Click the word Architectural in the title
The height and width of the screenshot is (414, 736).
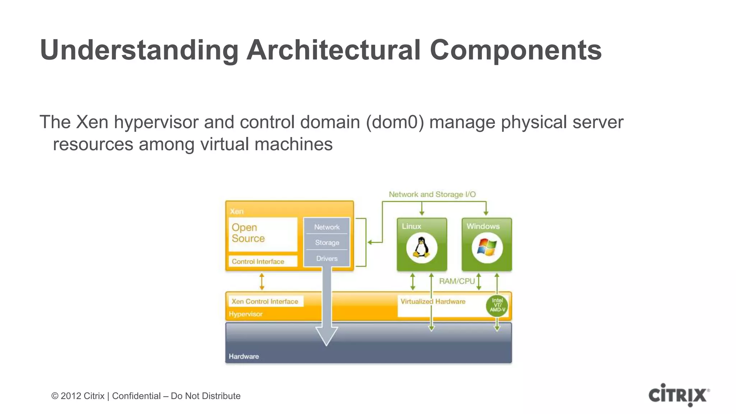(333, 50)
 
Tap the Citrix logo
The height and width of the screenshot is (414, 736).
(679, 395)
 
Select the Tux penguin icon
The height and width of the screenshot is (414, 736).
(422, 248)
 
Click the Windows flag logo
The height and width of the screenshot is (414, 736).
(487, 248)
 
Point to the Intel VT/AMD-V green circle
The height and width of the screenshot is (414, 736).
(497, 305)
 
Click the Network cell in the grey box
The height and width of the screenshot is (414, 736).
(327, 227)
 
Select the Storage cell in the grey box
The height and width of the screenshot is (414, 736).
(327, 243)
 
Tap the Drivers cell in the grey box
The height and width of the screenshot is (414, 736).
(327, 258)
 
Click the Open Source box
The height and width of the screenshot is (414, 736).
(263, 234)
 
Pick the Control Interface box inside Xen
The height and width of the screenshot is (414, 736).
(263, 261)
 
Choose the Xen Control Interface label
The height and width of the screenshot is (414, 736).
(265, 302)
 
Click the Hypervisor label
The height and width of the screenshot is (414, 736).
(245, 314)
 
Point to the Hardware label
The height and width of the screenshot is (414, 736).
(244, 356)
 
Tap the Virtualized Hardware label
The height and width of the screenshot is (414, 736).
(433, 302)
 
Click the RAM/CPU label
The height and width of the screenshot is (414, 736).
(457, 281)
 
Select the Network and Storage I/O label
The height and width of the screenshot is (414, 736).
(432, 194)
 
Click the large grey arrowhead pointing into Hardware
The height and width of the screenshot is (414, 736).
(326, 336)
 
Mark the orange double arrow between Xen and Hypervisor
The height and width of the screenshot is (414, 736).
(262, 281)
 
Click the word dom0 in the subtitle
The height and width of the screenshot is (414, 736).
(395, 122)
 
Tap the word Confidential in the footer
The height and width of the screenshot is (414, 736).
(136, 396)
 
